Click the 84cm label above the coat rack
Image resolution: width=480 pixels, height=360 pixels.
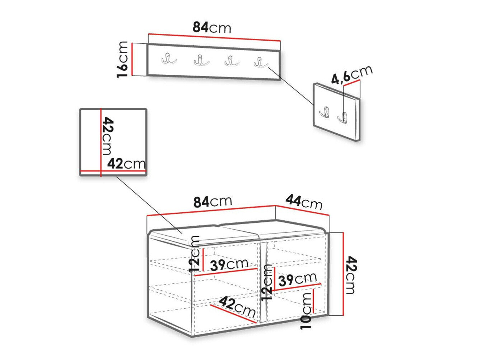211,28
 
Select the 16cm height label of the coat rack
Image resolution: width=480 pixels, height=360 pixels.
122,60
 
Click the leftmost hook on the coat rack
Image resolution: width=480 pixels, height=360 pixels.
169,59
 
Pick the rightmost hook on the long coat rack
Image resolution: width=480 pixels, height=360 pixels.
261,62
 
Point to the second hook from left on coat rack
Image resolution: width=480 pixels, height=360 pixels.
201,60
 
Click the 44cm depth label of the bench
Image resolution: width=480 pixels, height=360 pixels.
304,203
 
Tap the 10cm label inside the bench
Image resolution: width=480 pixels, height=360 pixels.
306,311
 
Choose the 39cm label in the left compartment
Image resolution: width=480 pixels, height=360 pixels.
229,264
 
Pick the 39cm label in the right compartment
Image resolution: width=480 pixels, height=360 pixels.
297,279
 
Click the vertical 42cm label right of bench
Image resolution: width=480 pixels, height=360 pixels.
352,275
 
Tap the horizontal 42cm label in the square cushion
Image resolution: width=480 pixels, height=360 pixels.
126,163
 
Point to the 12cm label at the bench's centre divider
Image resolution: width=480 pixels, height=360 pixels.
267,282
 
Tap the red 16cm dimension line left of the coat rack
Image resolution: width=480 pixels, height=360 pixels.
132,59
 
